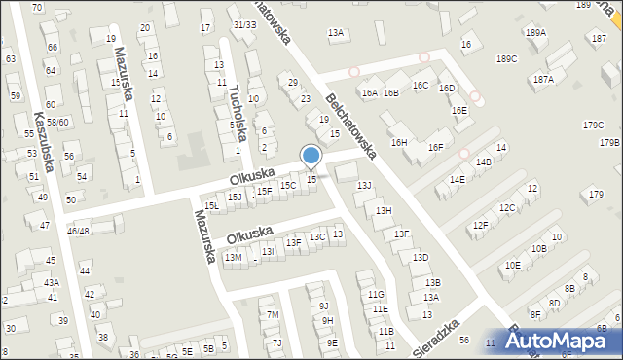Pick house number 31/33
tap(244, 24)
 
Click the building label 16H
tap(398, 142)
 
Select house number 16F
tap(435, 147)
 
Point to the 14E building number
tap(457, 180)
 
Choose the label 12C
tap(507, 208)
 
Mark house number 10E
tap(512, 265)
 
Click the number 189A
tap(535, 32)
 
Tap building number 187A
tap(542, 80)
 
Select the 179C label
tap(593, 125)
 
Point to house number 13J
tap(364, 185)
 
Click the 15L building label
tap(211, 206)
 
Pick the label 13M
tap(233, 257)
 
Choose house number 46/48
tap(78, 231)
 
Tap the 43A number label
tap(51, 282)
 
